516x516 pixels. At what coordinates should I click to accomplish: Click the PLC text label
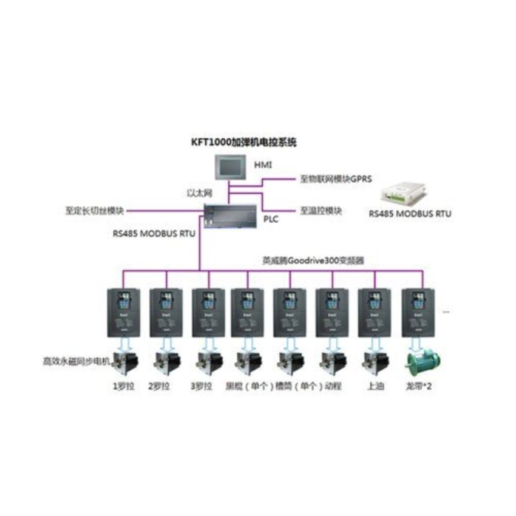[x=271, y=219]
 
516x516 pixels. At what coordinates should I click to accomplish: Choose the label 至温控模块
[x=321, y=211]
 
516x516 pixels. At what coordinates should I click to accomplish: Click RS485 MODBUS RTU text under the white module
[x=410, y=214]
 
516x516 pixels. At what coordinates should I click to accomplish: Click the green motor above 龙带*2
[x=421, y=363]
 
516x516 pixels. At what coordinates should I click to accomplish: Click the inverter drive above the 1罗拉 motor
[x=123, y=312]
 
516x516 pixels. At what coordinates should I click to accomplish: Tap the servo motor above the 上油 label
[x=372, y=363]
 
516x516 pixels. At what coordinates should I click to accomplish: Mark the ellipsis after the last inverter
[x=446, y=312]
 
